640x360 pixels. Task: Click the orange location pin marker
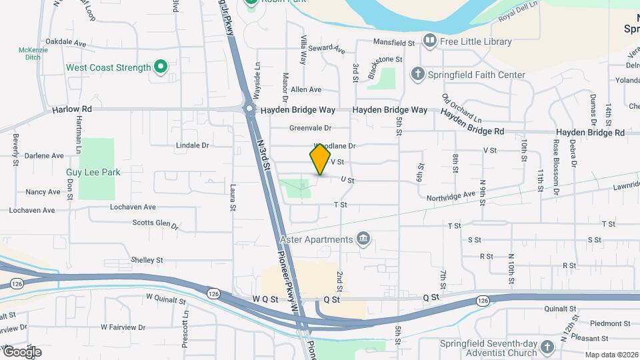coord(320,159)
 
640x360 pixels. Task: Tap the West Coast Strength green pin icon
coord(160,67)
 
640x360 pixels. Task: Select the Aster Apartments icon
coord(363,239)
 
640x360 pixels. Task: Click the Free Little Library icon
coord(429,41)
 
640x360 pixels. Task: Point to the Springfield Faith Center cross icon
coord(418,74)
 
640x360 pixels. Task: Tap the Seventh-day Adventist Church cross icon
coord(547,347)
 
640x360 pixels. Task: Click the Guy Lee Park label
coord(93,172)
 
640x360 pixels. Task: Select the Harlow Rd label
coord(72,109)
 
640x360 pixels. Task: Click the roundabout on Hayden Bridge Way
coord(249,108)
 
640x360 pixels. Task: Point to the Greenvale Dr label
coord(310,128)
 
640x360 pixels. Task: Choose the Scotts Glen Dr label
coord(155,224)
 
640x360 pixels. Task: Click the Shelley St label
coord(147,259)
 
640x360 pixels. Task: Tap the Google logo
coord(22,351)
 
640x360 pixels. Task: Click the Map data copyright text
coord(611,355)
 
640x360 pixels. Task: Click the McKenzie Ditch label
coord(29,53)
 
